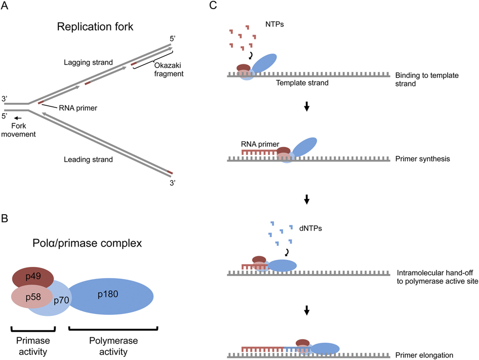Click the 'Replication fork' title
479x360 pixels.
(95, 26)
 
